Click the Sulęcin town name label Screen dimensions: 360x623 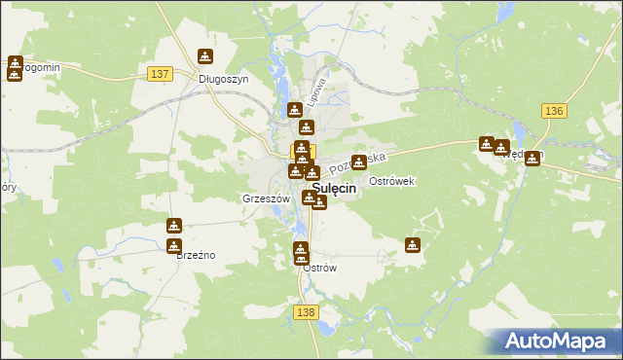[333, 191]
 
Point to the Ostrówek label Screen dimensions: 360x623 [393, 181]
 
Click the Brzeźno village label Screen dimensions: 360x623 [195, 255]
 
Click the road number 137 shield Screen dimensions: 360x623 [162, 74]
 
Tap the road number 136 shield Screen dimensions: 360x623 [555, 111]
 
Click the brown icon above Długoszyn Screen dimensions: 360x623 [205, 57]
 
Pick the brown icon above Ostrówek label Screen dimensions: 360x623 [359, 162]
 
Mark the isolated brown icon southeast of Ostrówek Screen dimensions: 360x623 [413, 245]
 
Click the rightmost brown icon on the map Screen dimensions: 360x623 [532, 159]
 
